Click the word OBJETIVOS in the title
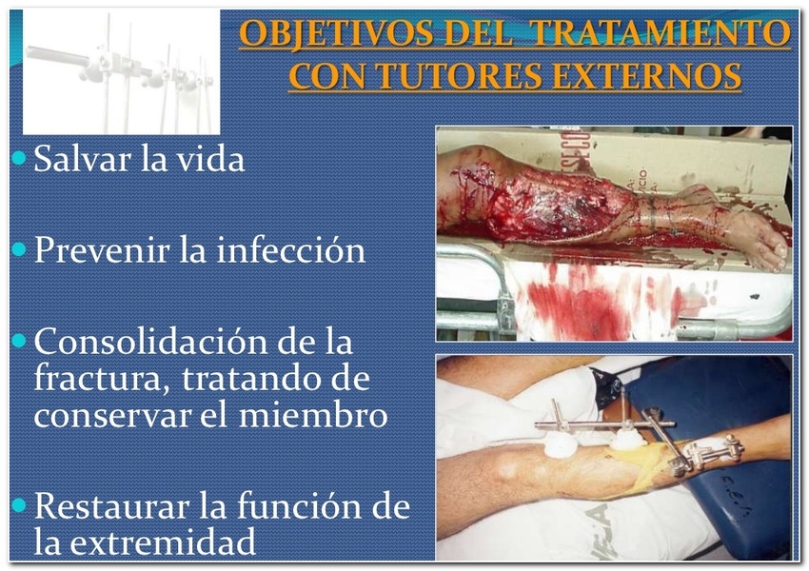336,33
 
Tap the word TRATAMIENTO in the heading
659,33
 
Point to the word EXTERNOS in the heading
647,76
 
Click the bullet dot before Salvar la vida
19,158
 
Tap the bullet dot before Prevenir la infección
19,249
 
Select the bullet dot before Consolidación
19,341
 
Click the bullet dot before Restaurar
19,505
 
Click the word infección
290,249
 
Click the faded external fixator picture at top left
121,72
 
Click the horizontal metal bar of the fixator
604,424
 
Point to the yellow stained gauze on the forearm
645,464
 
